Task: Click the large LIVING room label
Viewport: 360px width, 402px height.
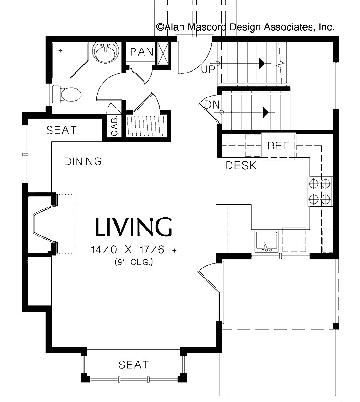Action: (x=133, y=227)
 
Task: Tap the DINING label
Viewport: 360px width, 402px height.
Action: (x=83, y=161)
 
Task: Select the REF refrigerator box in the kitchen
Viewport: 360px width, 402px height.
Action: (x=278, y=146)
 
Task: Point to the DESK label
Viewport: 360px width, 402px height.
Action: (x=241, y=166)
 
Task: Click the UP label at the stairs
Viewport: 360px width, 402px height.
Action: (x=208, y=69)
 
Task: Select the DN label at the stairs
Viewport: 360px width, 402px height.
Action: (x=212, y=105)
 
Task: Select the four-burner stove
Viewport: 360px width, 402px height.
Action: (x=320, y=191)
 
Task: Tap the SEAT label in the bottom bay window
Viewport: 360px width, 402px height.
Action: (x=133, y=365)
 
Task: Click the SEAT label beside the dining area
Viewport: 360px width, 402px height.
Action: (x=61, y=130)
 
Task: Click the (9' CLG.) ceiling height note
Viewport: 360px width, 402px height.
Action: (x=134, y=262)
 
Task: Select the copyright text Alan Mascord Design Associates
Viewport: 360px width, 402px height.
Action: (x=245, y=27)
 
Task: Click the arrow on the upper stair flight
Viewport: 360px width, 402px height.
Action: (x=262, y=63)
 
